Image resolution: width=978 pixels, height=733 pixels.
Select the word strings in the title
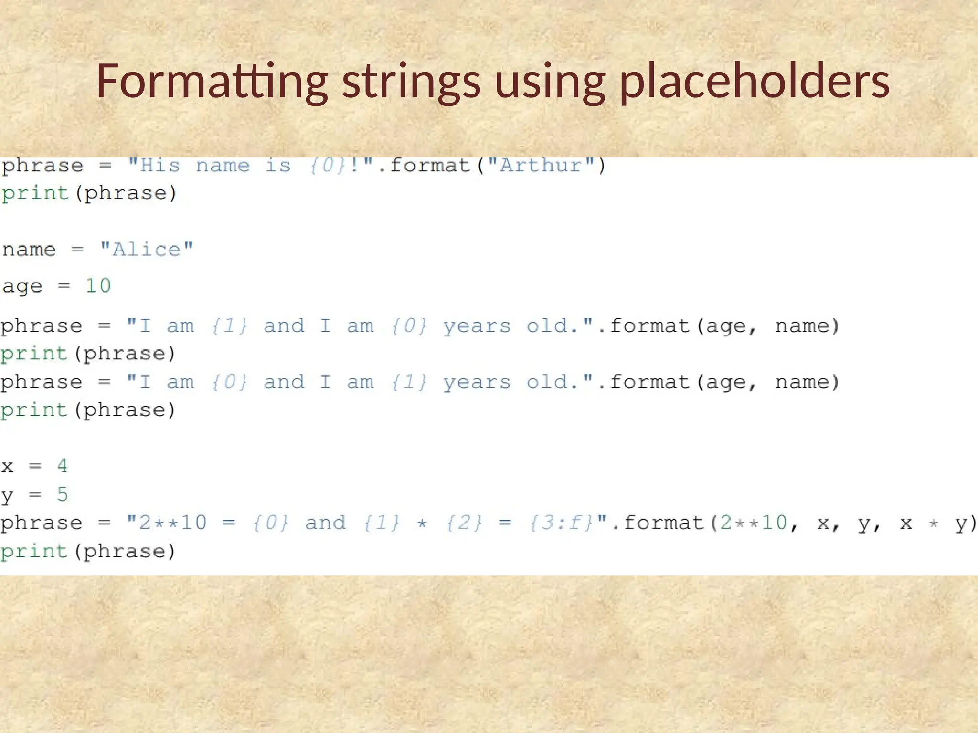(411, 82)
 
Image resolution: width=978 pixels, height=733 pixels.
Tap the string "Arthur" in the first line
(541, 166)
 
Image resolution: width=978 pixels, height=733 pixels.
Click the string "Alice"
(146, 249)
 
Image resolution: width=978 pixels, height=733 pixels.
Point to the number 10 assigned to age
(98, 286)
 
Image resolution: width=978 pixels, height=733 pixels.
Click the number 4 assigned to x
(63, 466)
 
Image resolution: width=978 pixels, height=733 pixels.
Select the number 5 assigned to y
(63, 494)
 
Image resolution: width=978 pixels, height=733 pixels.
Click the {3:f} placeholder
(562, 523)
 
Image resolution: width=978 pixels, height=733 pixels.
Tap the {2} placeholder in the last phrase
(465, 523)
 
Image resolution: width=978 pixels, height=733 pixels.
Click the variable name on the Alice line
(29, 249)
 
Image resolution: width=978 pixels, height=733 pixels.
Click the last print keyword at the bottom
(34, 552)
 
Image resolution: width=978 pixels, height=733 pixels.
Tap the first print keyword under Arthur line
(35, 194)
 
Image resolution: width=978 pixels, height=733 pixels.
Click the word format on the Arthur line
(430, 166)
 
